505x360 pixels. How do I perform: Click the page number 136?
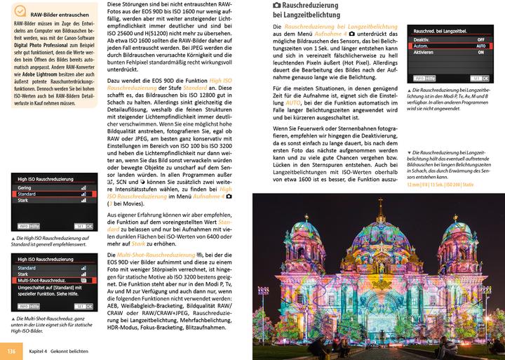11,350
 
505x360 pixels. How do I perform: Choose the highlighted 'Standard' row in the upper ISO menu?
28,194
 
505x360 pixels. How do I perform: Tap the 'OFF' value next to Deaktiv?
480,39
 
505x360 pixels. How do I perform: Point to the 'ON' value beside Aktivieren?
480,53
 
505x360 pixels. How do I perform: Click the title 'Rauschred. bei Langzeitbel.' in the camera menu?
441,32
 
